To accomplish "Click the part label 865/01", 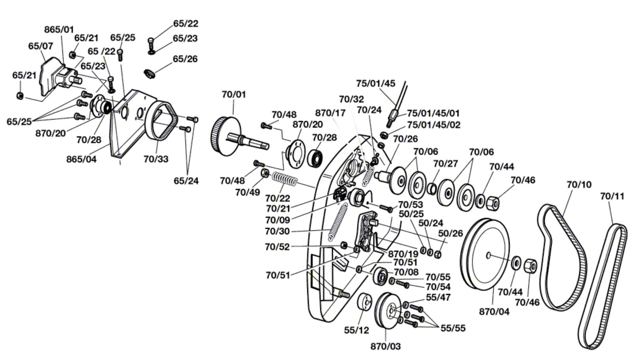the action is (59, 29).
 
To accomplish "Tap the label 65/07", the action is (41, 46).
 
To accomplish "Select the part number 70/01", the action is (234, 95).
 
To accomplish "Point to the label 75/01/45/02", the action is (434, 125).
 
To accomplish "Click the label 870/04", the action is (494, 312).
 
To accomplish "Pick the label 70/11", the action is (612, 196).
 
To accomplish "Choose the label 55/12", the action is (356, 330).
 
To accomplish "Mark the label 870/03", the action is (385, 346).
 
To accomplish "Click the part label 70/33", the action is (156, 159).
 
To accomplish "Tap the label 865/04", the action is (81, 159).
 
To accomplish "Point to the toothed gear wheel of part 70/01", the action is (226, 136).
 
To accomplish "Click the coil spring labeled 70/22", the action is (284, 180).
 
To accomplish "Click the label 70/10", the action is (579, 184).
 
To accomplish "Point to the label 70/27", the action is (445, 163).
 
